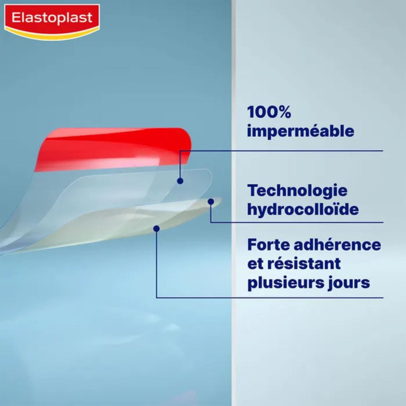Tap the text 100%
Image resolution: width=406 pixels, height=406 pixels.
(269, 112)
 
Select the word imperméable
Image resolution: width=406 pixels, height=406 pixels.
(300, 131)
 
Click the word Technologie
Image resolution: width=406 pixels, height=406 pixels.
(297, 190)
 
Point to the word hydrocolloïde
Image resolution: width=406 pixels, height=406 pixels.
(303, 209)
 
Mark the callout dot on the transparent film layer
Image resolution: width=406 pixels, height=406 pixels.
(180, 180)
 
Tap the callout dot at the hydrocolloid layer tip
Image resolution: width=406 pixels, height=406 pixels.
(211, 201)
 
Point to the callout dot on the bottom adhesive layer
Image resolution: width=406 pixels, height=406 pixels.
(156, 229)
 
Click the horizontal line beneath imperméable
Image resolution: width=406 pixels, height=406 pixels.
(304, 150)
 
